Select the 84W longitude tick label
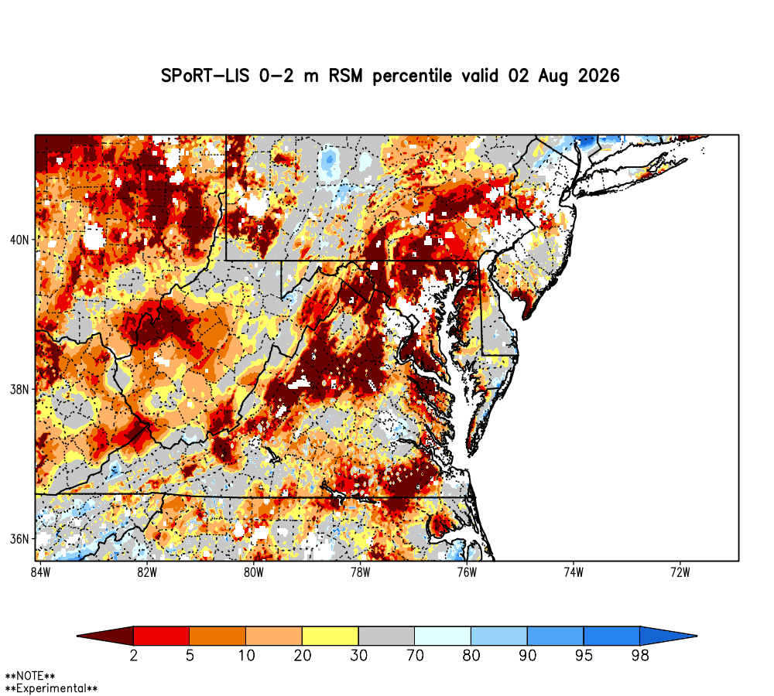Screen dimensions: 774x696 40,573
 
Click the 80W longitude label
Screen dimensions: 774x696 254,573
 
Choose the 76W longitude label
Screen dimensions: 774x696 467,573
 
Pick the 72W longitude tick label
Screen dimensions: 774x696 680,573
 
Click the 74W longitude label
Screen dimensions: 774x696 574,573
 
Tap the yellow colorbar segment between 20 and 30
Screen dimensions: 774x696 330,636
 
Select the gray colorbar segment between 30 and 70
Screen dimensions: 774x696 386,636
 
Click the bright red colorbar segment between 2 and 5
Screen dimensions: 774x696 162,636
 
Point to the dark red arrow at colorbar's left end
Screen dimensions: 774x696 105,636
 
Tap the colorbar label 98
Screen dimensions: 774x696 640,656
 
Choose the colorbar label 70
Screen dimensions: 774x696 415,656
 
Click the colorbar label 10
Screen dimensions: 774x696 246,656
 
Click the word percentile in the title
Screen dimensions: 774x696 413,77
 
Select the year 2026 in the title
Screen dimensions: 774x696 599,76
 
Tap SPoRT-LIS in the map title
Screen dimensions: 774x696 205,76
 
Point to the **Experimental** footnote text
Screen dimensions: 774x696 51,688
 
